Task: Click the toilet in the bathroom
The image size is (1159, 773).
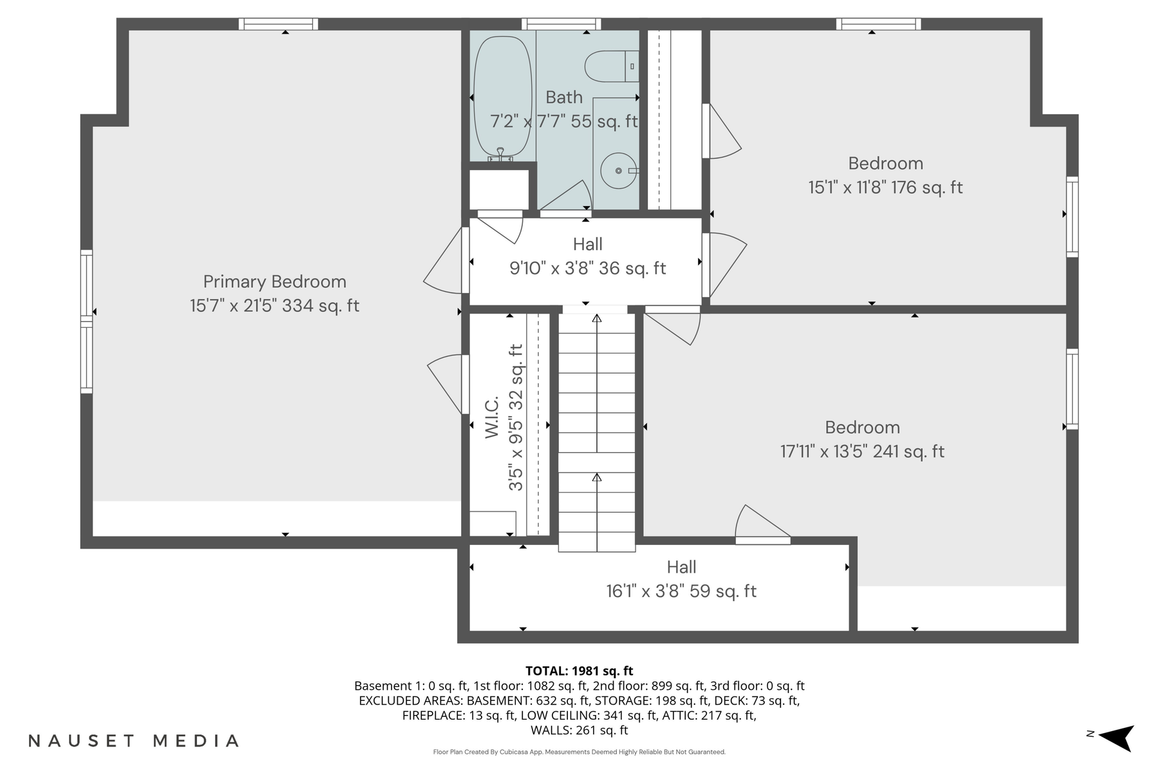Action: [x=608, y=66]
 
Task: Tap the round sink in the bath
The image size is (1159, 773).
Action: [x=618, y=171]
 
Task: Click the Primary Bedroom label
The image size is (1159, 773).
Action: [x=275, y=282]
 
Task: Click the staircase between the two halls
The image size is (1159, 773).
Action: [x=596, y=432]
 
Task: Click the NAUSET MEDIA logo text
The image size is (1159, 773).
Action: [x=134, y=741]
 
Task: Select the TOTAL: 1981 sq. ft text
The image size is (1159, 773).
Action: [x=579, y=671]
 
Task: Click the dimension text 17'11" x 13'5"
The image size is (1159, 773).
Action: [x=862, y=452]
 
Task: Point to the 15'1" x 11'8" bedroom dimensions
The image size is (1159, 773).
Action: [x=885, y=187]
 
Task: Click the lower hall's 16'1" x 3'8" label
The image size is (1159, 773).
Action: [x=681, y=591]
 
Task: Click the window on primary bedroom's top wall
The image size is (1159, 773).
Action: [x=278, y=24]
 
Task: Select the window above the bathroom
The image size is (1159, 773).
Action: [x=561, y=24]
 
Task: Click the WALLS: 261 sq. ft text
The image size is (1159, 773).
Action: [x=579, y=730]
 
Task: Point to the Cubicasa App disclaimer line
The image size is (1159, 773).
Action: [x=579, y=752]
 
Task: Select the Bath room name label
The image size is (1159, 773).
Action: [x=564, y=97]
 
